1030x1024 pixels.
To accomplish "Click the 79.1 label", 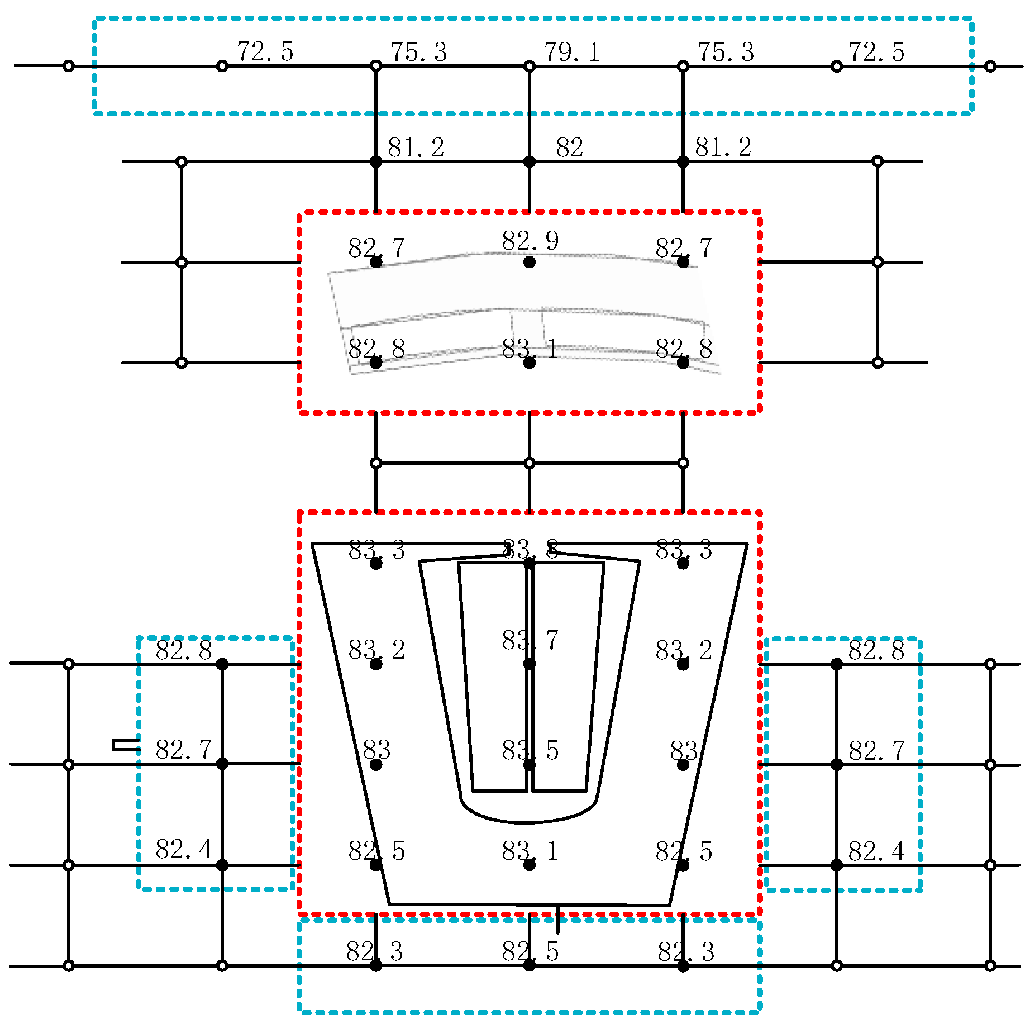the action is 571,52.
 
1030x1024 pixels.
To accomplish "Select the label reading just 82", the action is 570,147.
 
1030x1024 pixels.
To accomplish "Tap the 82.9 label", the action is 530,241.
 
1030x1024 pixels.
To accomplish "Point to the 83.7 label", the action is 530,640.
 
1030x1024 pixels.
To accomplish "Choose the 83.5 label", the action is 530,750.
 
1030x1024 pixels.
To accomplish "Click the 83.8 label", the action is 530,550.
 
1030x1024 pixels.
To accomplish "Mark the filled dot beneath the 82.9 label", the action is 530,262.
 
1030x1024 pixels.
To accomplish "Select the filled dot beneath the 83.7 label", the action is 530,664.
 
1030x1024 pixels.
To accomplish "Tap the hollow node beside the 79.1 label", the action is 530,66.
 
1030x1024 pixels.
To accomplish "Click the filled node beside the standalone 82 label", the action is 530,162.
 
